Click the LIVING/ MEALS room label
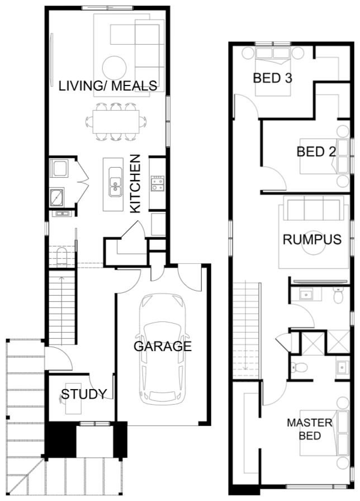(108, 86)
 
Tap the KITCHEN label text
(135, 184)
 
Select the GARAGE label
(162, 346)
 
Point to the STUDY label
(84, 394)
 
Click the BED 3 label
(272, 78)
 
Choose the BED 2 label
(316, 152)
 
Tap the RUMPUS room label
(312, 240)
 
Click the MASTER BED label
(310, 429)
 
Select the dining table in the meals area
(116, 122)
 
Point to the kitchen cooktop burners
(158, 183)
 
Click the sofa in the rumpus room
(314, 208)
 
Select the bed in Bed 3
(273, 71)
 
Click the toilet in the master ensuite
(299, 367)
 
